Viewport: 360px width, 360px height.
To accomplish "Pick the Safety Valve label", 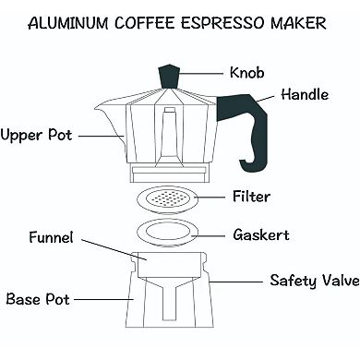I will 313,280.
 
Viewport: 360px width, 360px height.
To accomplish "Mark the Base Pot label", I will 37,299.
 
